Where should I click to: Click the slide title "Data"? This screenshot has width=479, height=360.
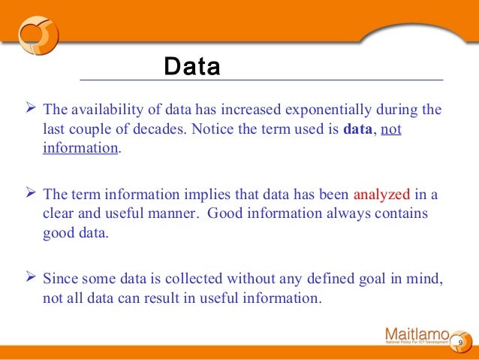pyautogui.click(x=192, y=68)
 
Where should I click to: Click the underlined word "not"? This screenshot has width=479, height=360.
pyautogui.click(x=391, y=129)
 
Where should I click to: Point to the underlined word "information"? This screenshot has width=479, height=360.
pyautogui.click(x=80, y=147)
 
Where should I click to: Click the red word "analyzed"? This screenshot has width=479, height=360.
pyautogui.click(x=383, y=195)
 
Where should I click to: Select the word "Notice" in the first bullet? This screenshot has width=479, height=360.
pyautogui.click(x=212, y=129)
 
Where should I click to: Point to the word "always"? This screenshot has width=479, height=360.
pyautogui.click(x=350, y=213)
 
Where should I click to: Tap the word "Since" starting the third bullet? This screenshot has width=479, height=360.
pyautogui.click(x=59, y=280)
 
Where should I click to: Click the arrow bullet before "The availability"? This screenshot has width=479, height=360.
pyautogui.click(x=22, y=110)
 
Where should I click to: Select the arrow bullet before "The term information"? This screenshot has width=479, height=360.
pyautogui.click(x=22, y=195)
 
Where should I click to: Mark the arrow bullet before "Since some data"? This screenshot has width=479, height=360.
pyautogui.click(x=22, y=280)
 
